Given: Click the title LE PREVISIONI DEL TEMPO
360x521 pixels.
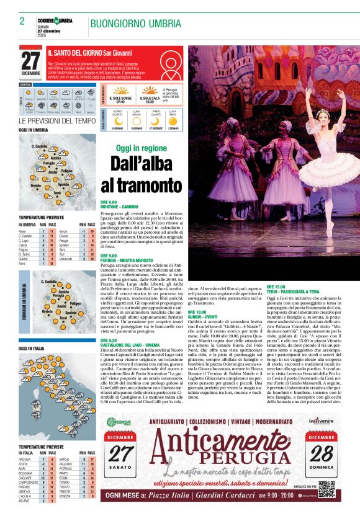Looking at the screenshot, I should tap(57, 121).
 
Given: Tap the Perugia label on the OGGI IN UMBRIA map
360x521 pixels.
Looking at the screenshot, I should tap(57, 163).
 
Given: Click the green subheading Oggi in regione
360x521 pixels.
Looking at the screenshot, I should tap(141, 148).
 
